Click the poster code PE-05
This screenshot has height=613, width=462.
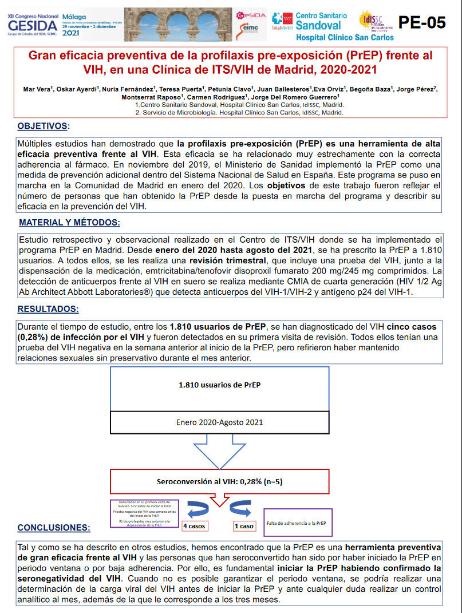[x=421, y=22]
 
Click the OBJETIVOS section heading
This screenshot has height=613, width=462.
[x=44, y=126]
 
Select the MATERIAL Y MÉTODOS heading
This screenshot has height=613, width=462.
[x=69, y=223]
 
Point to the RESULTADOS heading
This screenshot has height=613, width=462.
[x=48, y=309]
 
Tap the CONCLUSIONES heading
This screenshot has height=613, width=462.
[x=54, y=527]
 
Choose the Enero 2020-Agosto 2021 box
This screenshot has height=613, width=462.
[x=219, y=422]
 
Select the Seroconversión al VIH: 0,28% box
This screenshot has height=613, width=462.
[x=219, y=481]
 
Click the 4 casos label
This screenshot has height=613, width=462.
[x=194, y=525]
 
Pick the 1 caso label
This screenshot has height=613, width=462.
[x=244, y=525]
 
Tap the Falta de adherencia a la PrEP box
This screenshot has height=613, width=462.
[x=297, y=523]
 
